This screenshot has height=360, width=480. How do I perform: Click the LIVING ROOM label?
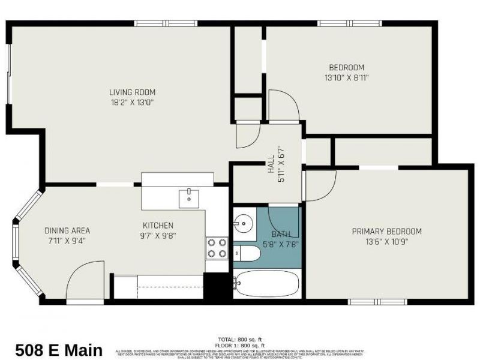click(x=132, y=92)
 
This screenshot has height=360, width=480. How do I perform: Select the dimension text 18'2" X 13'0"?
click(x=132, y=102)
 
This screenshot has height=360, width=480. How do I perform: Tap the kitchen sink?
click(x=190, y=197)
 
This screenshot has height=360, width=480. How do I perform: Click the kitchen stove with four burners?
click(x=217, y=248)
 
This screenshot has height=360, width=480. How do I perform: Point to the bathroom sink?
click(x=244, y=224)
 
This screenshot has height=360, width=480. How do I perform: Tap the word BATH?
click(x=280, y=234)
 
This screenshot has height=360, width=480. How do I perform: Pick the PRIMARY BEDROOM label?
click(x=386, y=232)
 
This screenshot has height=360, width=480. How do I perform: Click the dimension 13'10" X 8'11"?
click(x=346, y=77)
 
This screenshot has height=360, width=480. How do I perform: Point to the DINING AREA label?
click(x=67, y=230)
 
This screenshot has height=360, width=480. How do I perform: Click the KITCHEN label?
click(x=158, y=226)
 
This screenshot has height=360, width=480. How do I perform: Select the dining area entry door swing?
click(x=84, y=282)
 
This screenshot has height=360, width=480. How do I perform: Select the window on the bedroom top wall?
click(x=349, y=23)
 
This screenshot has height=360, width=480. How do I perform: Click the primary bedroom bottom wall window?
click(x=378, y=301)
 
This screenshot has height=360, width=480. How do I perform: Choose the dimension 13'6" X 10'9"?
click(x=386, y=242)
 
